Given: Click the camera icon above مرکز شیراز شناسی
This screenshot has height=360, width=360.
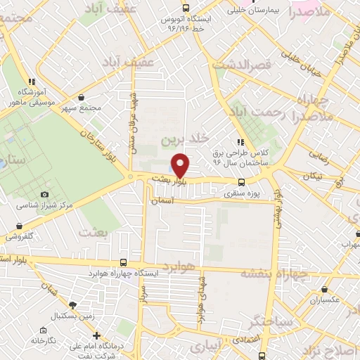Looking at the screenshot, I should click(45, 194).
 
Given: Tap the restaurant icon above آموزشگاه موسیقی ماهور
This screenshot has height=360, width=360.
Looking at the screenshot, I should click(31, 82).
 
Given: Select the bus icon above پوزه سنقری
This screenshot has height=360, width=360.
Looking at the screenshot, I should click(243, 179).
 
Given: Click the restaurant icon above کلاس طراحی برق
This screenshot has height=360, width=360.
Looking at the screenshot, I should click(240, 141).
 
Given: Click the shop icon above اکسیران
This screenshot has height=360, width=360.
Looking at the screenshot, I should click(324, 288).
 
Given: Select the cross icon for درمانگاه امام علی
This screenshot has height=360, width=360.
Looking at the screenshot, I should click(96, 335).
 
